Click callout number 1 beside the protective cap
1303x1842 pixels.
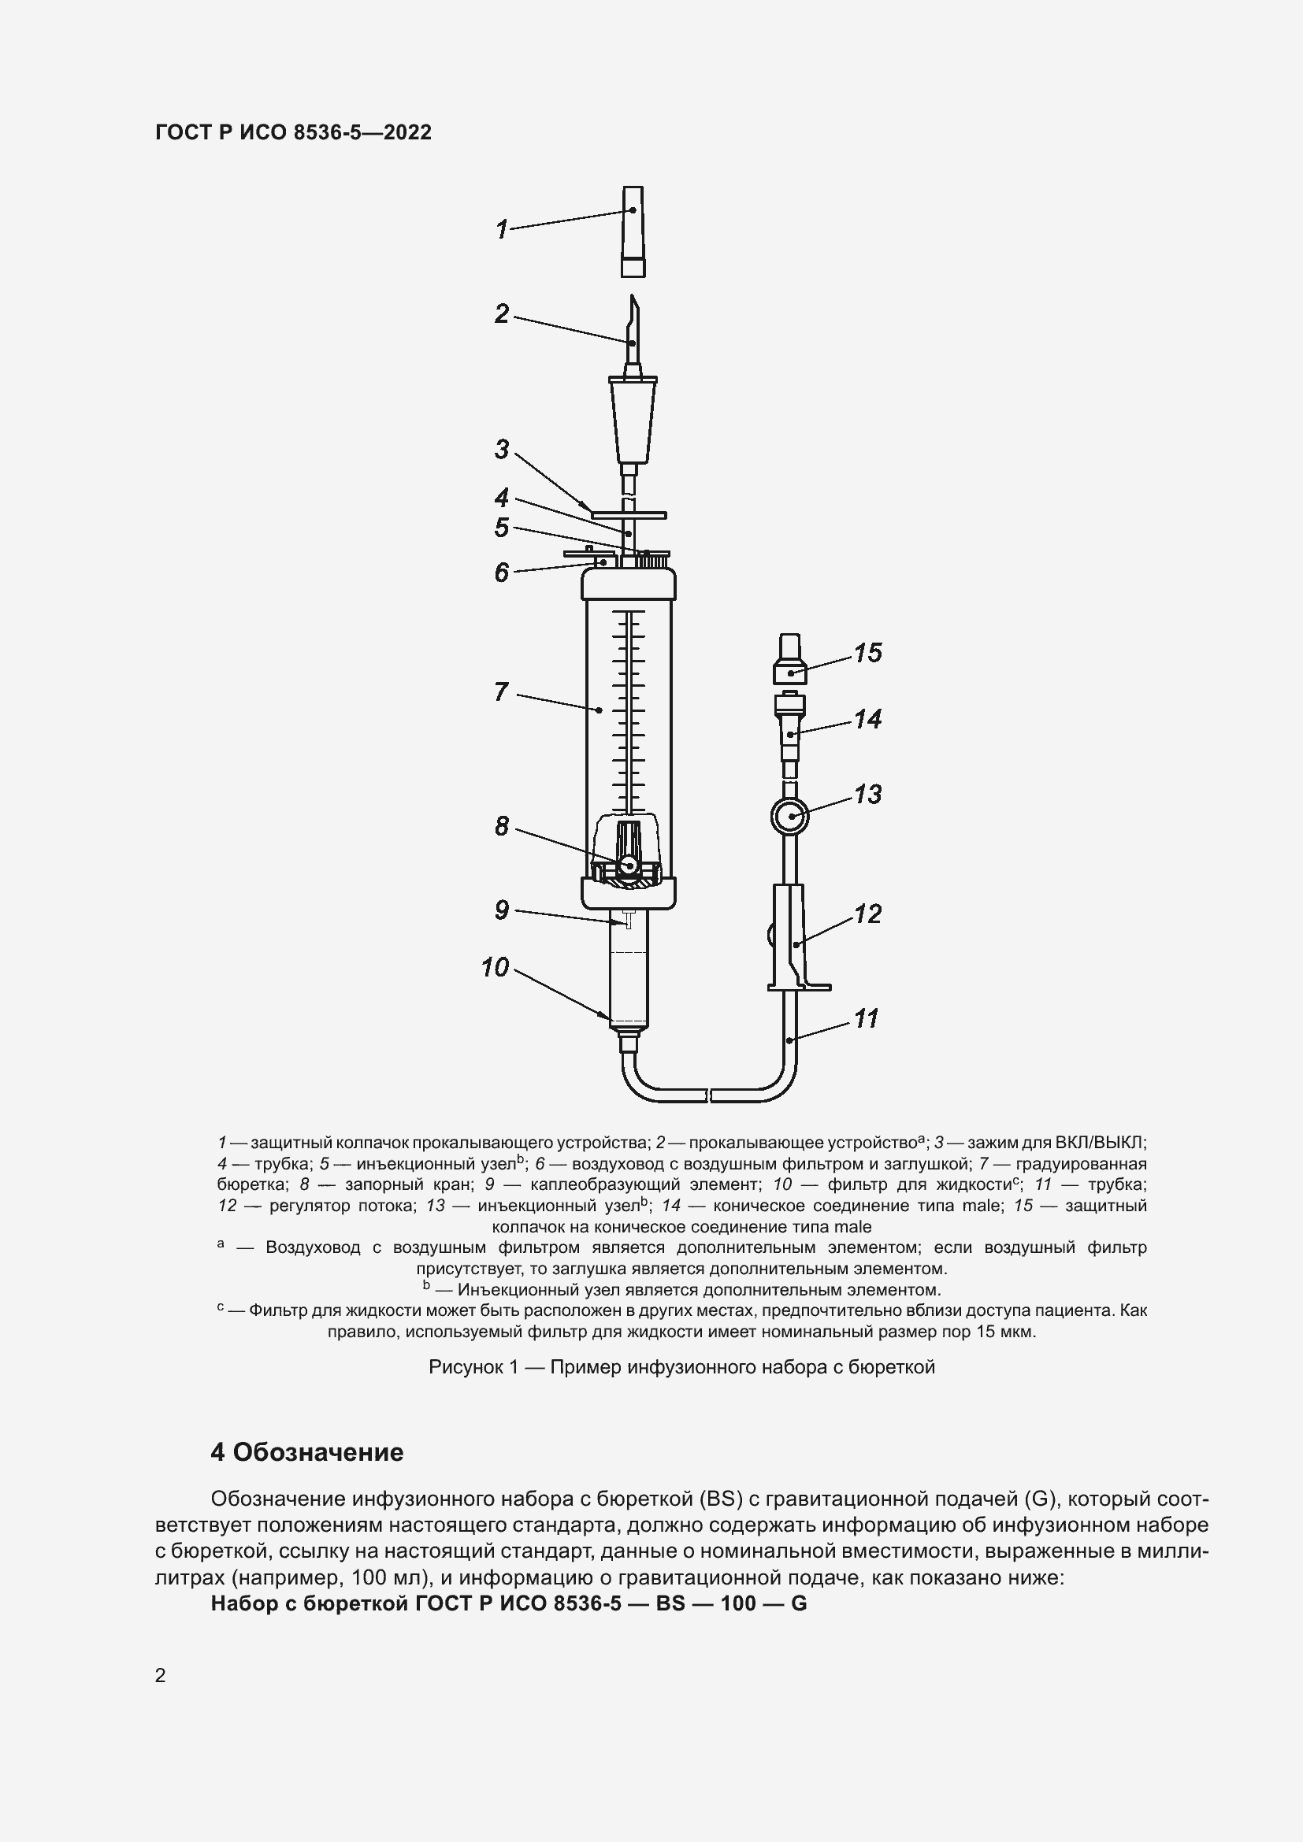point(502,230)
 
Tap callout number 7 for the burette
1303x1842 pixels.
point(502,691)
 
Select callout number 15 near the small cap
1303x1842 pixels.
point(867,653)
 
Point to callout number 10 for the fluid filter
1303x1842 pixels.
point(495,968)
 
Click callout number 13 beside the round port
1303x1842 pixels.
point(867,795)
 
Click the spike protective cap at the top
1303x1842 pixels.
point(633,231)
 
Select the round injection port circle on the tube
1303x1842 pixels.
point(789,817)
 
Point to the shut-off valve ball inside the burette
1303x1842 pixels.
point(628,865)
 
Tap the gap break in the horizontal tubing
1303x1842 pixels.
point(708,1095)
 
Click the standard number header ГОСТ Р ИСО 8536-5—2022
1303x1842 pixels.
point(293,132)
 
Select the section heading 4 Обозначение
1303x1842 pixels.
point(306,1452)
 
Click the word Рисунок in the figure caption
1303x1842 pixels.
point(466,1367)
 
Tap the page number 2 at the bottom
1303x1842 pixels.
point(161,1675)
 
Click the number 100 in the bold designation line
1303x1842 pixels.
point(738,1603)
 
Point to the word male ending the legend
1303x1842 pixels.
point(852,1227)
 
